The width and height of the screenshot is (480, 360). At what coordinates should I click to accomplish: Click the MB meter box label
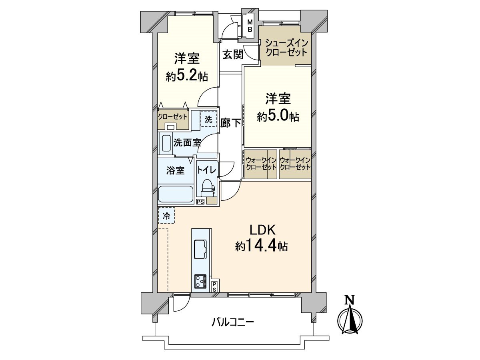(x=249, y=26)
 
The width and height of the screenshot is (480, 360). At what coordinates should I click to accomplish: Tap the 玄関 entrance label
(x=233, y=54)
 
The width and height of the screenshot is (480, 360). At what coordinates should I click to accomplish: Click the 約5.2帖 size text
(x=187, y=76)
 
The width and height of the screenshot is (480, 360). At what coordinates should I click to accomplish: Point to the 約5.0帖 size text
(x=278, y=116)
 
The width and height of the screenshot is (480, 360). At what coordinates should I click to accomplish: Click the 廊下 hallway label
(x=231, y=123)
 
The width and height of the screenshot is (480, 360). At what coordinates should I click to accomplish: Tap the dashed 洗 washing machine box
(x=208, y=119)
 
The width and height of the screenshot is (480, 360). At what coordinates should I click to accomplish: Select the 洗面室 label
(x=187, y=142)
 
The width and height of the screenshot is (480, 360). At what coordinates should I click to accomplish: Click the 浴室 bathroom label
(x=175, y=170)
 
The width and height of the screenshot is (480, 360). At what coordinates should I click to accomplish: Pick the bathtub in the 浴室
(x=176, y=194)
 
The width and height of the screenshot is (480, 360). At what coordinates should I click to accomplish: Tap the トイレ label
(x=206, y=170)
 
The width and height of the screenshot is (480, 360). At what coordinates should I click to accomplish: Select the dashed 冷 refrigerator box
(x=166, y=216)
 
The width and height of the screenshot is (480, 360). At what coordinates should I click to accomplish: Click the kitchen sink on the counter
(x=200, y=249)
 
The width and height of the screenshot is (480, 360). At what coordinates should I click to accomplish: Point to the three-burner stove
(x=200, y=282)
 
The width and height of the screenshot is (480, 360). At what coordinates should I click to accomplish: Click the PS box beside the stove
(x=214, y=286)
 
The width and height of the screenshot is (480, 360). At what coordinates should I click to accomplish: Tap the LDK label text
(x=262, y=230)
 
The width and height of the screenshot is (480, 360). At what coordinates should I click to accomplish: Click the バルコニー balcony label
(x=233, y=322)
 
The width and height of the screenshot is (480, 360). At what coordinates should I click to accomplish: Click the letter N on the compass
(x=350, y=300)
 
